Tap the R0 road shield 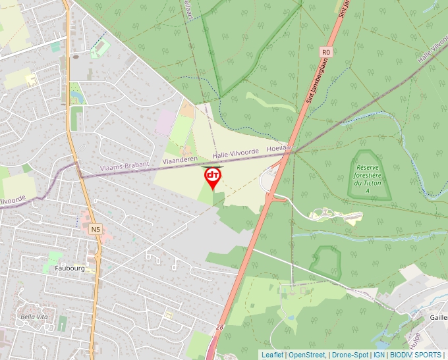[325, 51]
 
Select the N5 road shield [96, 229]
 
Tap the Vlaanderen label [179, 160]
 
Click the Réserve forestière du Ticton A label [368, 172]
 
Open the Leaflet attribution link [272, 355]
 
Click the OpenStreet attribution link [306, 355]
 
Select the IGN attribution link [379, 355]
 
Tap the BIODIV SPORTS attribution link [416, 355]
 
